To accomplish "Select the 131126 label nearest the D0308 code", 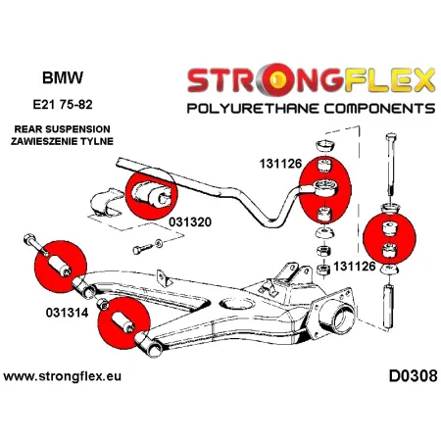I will pos(353,266).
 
